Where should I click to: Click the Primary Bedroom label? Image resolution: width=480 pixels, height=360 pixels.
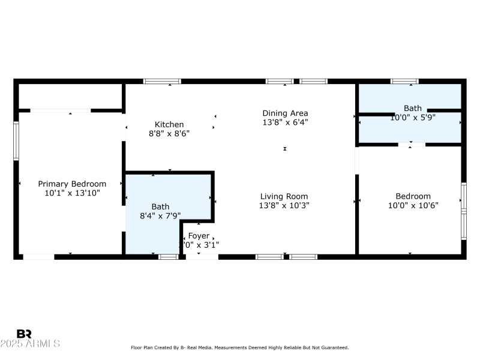[x=72, y=184]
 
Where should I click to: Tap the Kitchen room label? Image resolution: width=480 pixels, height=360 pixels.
[x=169, y=125]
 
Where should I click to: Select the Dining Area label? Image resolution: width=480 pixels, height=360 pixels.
[x=285, y=113]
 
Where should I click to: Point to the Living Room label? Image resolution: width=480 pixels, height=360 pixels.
[x=284, y=196]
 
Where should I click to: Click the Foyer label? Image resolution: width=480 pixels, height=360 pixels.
[x=199, y=236]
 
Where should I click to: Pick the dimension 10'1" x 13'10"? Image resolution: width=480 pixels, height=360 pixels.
[x=72, y=193]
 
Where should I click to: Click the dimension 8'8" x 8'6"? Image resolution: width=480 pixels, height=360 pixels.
[x=169, y=134]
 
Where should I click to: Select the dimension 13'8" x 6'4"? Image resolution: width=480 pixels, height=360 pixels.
[x=285, y=122]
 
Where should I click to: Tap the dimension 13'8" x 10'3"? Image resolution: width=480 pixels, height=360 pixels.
[x=284, y=206]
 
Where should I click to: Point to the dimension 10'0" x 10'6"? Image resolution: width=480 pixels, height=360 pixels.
[x=413, y=206]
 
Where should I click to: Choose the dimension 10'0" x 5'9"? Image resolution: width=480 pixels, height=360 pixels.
[x=413, y=118]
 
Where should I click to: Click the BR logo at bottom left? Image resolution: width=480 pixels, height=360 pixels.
[x=24, y=334]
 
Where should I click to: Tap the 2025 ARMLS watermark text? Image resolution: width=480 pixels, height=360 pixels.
[x=30, y=344]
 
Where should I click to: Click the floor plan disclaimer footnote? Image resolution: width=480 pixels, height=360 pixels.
[x=239, y=347]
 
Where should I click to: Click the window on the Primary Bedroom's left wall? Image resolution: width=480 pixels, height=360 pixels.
[x=16, y=141]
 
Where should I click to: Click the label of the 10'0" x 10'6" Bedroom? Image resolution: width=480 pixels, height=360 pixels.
[x=413, y=196]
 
